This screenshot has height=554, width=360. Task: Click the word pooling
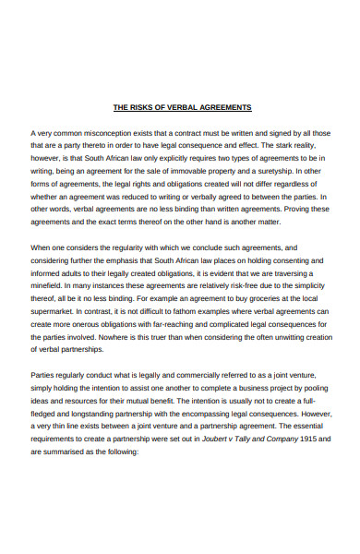point(308,389)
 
